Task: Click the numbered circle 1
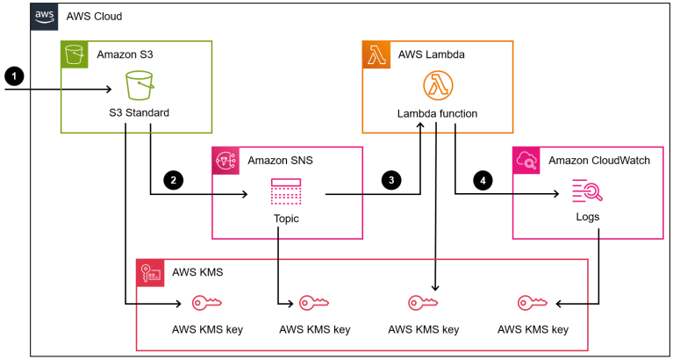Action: [12, 76]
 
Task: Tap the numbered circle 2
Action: [174, 180]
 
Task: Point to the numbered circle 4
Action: [480, 180]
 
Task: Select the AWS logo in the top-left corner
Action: [45, 17]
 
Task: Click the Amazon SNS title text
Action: [280, 161]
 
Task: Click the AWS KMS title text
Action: [198, 272]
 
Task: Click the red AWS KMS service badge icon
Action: [150, 272]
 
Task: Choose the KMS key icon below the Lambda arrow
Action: [423, 304]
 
